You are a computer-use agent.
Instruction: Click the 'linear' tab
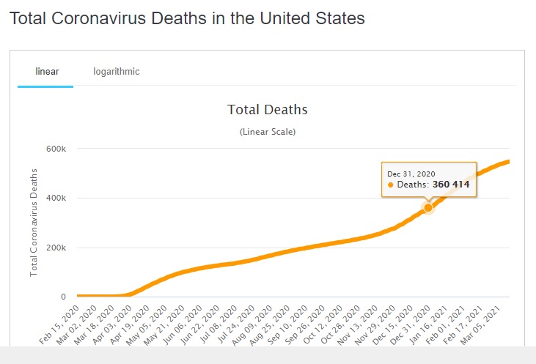(47, 72)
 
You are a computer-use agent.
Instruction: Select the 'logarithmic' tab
(117, 72)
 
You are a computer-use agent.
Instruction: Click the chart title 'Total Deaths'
(268, 110)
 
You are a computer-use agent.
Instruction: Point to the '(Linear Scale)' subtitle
(268, 132)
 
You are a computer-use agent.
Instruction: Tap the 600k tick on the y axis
(56, 149)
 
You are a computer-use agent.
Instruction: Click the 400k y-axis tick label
(56, 198)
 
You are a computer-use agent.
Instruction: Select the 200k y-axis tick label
(56, 248)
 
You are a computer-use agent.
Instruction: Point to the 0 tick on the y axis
(63, 297)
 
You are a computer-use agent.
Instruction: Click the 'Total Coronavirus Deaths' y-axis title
(34, 222)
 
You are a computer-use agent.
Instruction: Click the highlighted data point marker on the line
(428, 208)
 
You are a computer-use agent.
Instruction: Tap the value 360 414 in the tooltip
(451, 185)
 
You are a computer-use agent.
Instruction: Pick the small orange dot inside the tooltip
(391, 185)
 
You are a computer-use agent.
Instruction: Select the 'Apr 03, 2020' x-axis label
(117, 323)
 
